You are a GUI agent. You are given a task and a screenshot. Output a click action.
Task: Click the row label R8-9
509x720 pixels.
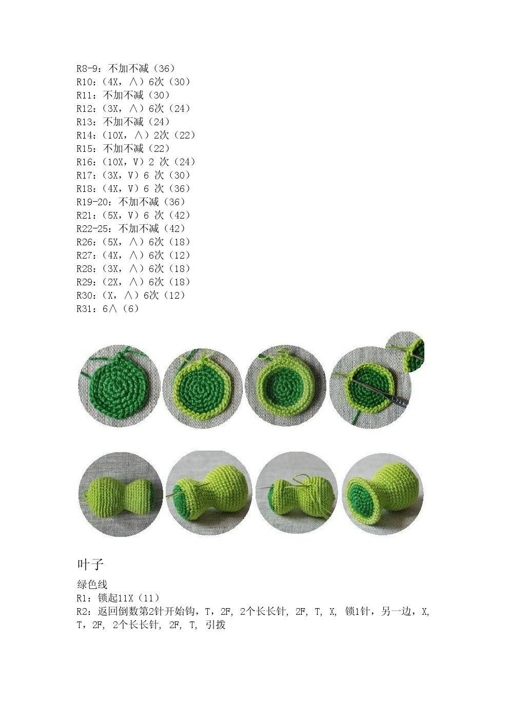[x=87, y=68]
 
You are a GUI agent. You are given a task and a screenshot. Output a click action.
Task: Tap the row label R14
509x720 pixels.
[x=84, y=135]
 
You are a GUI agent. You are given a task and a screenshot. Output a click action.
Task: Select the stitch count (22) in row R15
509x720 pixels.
[x=160, y=148]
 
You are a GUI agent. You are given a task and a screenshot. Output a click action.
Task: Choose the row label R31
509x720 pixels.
[x=84, y=309]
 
